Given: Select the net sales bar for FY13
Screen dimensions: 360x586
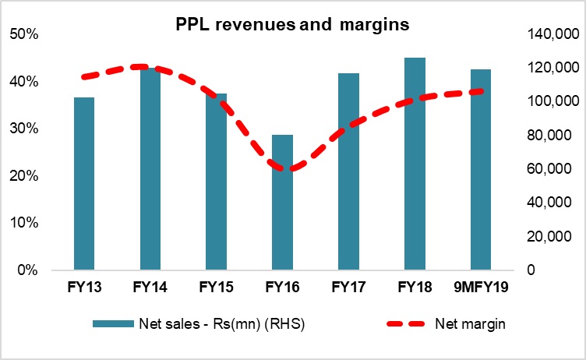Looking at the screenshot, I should point(83,184).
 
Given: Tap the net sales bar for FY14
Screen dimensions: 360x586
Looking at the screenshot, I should point(150,169).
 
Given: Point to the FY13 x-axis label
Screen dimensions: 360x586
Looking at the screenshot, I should point(83,287).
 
